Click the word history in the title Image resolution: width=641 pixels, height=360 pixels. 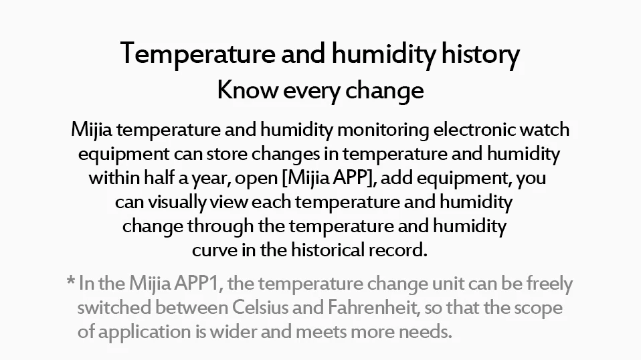pos(480,54)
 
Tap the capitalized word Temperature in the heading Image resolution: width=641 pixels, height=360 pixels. pos(198,54)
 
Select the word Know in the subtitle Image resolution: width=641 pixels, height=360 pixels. pos(248,90)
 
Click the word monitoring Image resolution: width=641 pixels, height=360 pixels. pos(383,130)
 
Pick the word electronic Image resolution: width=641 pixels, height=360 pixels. pos(474,130)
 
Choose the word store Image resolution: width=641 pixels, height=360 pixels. pos(226,154)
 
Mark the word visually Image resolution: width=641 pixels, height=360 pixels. pos(177,202)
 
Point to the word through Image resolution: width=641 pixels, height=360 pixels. pos(220,227)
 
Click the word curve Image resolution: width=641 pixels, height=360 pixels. pos(215,250)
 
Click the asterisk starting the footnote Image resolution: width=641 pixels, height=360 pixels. pos(70,280)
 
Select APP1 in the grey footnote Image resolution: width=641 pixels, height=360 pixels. pos(198,284)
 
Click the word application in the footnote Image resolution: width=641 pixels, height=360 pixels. pos(145,332)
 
